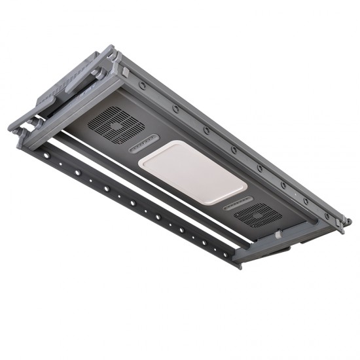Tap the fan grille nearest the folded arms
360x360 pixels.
click(116, 124)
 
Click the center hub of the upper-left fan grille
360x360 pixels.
click(117, 124)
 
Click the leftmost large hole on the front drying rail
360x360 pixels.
click(46, 155)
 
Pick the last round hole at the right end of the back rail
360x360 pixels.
click(327, 214)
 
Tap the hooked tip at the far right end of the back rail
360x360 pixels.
click(346, 223)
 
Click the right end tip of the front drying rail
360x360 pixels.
click(238, 266)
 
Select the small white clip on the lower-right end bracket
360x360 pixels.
click(279, 233)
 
